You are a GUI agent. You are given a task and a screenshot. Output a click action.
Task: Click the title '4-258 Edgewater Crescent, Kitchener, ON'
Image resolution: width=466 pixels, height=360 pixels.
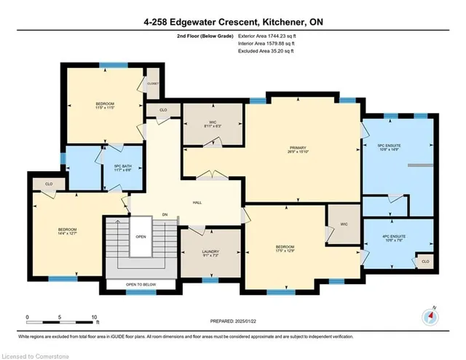click(232, 22)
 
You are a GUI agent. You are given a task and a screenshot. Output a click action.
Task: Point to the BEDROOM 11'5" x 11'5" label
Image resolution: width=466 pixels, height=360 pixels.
click(105, 106)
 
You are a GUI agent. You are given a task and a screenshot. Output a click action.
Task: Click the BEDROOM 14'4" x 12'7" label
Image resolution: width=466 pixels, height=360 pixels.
click(67, 232)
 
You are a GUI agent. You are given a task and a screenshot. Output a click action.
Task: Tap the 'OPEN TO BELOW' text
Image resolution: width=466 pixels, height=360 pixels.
click(141, 284)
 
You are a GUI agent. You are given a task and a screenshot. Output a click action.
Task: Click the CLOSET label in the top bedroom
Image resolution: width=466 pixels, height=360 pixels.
click(152, 84)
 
